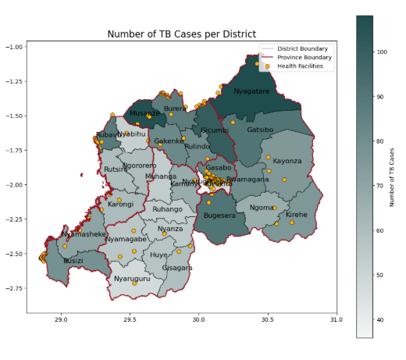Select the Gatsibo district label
(x=260, y=130)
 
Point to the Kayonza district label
(x=287, y=161)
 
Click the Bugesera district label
(x=219, y=216)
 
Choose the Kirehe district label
(x=297, y=215)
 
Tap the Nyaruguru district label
(x=132, y=279)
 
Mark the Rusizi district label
(x=73, y=261)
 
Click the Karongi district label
(x=120, y=205)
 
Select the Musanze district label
(x=144, y=113)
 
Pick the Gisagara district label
(x=177, y=268)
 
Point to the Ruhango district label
(x=167, y=209)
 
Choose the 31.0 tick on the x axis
(x=336, y=319)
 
